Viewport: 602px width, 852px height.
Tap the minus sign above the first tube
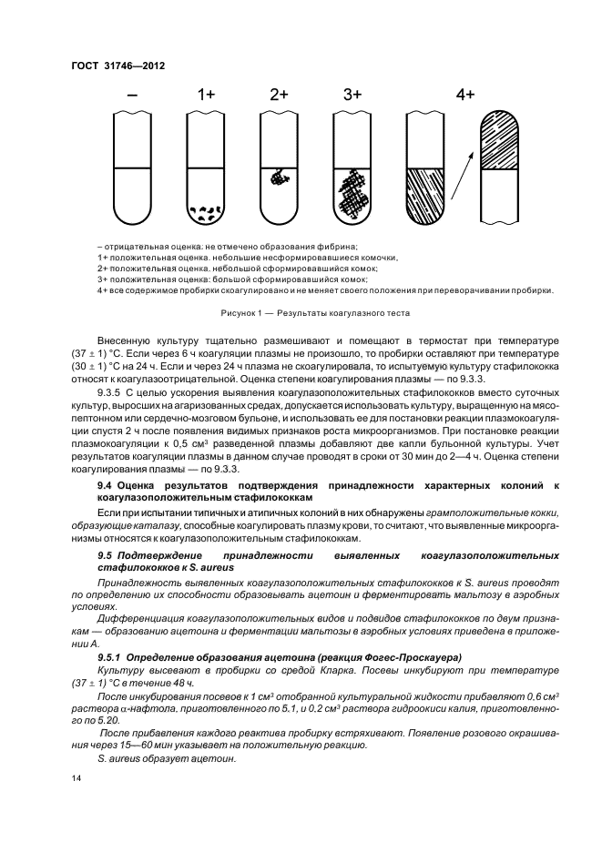[133, 94]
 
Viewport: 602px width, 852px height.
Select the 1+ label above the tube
[206, 94]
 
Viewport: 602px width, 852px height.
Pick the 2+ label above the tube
[279, 94]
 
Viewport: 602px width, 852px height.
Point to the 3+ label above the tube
[352, 94]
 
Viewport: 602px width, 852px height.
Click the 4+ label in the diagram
[465, 94]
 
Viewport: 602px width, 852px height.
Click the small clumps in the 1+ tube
[206, 213]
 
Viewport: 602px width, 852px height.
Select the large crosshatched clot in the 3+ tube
[352, 192]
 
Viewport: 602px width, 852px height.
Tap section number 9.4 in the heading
[105, 486]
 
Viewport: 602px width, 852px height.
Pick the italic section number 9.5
[105, 554]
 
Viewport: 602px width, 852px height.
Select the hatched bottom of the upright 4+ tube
[425, 196]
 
